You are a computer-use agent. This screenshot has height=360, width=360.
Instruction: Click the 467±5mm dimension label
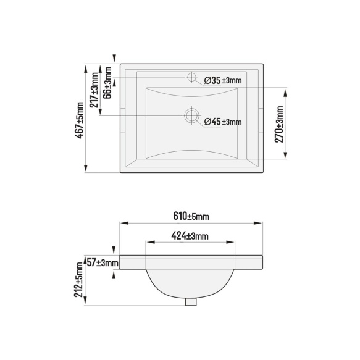pyautogui.click(x=80, y=120)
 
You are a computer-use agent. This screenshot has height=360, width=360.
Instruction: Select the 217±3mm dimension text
pyautogui.click(x=94, y=90)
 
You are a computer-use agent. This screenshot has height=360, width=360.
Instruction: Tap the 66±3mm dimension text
pyautogui.click(x=107, y=83)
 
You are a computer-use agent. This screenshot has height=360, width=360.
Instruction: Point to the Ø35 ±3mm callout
pyautogui.click(x=223, y=81)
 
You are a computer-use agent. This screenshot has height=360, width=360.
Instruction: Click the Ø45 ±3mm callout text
pyautogui.click(x=223, y=122)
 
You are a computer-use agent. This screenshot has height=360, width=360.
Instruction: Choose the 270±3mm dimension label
pyautogui.click(x=279, y=124)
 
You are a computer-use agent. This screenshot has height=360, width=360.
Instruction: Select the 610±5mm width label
pyautogui.click(x=191, y=216)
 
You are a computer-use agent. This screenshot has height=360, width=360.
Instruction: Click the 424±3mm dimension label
pyautogui.click(x=190, y=236)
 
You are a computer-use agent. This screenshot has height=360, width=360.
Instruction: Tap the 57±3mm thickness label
pyautogui.click(x=103, y=262)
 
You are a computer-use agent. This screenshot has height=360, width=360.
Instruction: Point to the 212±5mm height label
pyautogui.click(x=78, y=280)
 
